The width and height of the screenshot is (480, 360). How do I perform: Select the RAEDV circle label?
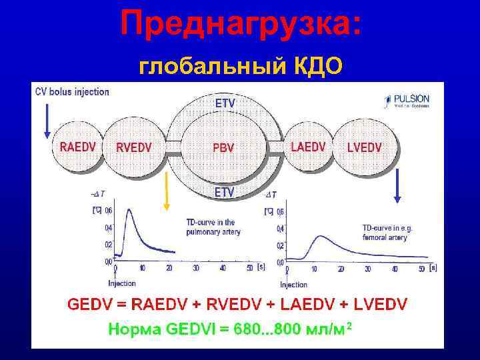coord(77,147)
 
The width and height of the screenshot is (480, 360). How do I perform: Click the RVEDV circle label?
coord(133,147)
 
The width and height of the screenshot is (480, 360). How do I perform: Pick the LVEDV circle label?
coord(365,147)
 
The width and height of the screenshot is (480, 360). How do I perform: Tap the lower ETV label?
coord(224,192)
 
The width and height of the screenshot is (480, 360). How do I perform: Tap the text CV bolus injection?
coord(72,92)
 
